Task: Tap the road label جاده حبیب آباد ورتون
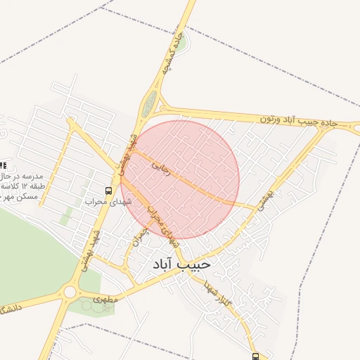pyautogui.click(x=299, y=121)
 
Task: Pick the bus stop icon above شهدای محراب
pyautogui.click(x=108, y=191)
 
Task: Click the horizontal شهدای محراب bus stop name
pyautogui.click(x=103, y=202)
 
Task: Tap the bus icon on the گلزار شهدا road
pyautogui.click(x=255, y=356)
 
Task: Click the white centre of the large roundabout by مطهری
pyautogui.click(x=69, y=292)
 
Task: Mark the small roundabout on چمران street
pyautogui.click(x=125, y=266)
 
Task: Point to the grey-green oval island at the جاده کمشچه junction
pyautogui.click(x=148, y=105)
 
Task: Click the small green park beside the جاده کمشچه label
pyautogui.click(x=181, y=44)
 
